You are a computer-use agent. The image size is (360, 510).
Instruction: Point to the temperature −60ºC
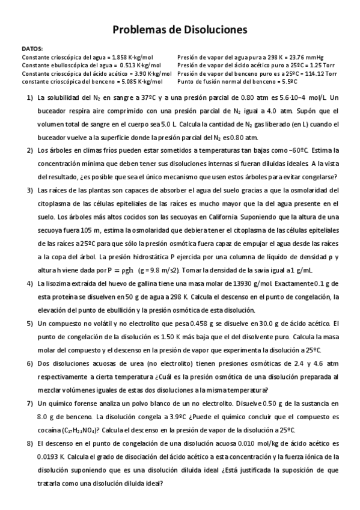305,150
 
